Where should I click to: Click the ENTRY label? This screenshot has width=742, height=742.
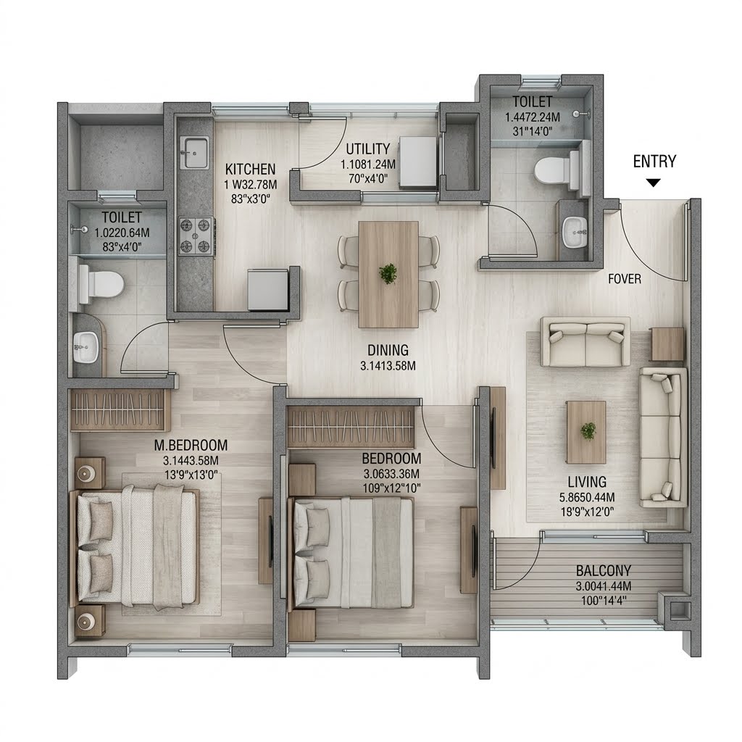coord(654,162)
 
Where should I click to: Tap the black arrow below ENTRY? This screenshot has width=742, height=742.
coord(654,183)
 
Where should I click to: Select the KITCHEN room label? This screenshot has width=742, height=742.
coord(250,169)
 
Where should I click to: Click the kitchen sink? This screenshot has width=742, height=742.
coord(194,152)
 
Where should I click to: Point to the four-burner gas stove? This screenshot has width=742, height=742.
coord(196,235)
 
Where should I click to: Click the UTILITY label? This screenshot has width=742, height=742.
coord(367,149)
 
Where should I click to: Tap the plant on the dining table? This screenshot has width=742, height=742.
coord(388,273)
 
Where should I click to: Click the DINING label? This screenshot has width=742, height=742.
coord(388,350)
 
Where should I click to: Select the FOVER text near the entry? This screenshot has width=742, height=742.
coord(625,279)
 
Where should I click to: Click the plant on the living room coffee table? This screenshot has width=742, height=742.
coord(588,430)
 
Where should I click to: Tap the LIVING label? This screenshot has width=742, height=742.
coord(587,482)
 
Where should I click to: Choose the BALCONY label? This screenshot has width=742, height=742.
coord(604,570)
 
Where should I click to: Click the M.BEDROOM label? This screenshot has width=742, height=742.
coord(191,446)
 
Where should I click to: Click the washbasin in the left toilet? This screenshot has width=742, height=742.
coord(86,347)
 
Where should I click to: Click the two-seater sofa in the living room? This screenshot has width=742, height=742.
coord(585,342)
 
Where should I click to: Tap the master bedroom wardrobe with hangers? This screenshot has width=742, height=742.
coord(120,410)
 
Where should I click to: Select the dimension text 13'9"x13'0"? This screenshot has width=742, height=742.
coord(191,475)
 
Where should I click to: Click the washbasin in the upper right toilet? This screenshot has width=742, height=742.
coord(575,233)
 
